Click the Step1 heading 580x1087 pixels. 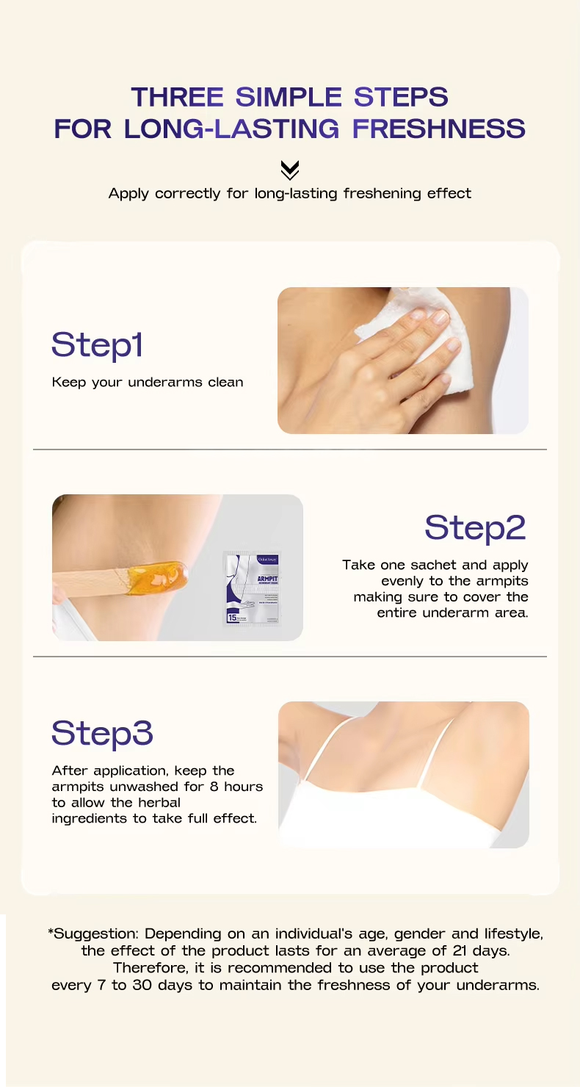[x=97, y=345]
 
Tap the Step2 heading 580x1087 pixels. [x=475, y=527]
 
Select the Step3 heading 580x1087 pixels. [x=102, y=733]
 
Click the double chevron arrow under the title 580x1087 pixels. [x=290, y=170]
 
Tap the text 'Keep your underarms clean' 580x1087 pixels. [x=147, y=383]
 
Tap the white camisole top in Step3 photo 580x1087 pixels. [x=396, y=808]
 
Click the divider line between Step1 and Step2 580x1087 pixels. [x=290, y=449]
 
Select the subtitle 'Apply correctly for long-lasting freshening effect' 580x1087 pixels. [x=290, y=194]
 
